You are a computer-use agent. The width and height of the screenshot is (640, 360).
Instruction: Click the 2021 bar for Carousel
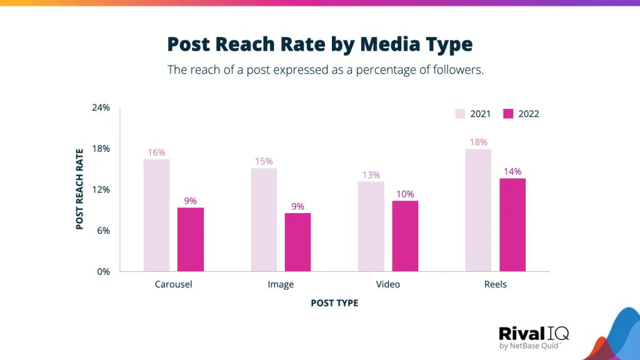click(x=156, y=215)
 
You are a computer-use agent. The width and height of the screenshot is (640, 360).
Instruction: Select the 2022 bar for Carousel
click(x=191, y=239)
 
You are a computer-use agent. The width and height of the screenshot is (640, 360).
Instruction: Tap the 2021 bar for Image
click(x=264, y=219)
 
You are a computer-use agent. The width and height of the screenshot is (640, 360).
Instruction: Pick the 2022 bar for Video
click(x=405, y=236)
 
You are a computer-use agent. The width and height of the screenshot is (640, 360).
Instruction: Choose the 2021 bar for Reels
click(x=478, y=210)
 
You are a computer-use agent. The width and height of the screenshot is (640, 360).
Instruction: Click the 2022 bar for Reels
click(x=512, y=224)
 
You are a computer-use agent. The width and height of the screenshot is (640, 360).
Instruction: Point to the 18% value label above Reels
click(x=478, y=142)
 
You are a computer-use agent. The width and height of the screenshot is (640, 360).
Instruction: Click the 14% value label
click(x=512, y=171)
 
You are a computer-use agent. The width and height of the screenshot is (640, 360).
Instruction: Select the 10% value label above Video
click(x=405, y=194)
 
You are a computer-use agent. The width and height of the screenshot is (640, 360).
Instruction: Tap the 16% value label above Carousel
click(x=156, y=152)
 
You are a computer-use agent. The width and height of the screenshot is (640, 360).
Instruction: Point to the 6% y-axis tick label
click(x=103, y=231)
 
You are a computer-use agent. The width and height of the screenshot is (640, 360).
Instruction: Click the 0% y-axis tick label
click(x=103, y=271)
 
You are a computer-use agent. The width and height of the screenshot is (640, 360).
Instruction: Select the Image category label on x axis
click(x=281, y=284)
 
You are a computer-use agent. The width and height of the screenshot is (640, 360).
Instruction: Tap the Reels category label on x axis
click(x=495, y=284)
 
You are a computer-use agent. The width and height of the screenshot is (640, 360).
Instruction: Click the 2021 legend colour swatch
click(x=460, y=114)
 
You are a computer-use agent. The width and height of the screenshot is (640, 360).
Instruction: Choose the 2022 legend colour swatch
click(x=508, y=114)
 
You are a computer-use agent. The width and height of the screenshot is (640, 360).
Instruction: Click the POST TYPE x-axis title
click(x=334, y=303)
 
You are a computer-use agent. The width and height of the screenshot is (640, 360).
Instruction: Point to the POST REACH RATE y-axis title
click(x=79, y=189)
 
